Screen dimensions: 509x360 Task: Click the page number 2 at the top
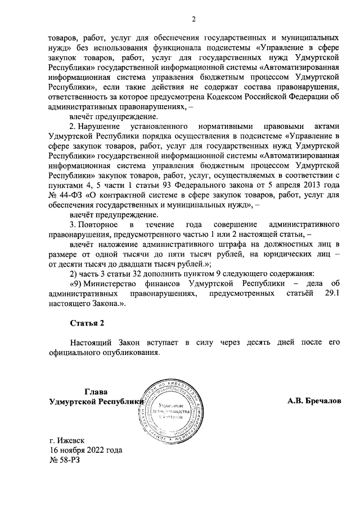pyautogui.click(x=192, y=21)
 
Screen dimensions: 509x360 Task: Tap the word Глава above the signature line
pyautogui.click(x=95, y=392)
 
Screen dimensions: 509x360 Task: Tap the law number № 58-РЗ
pyautogui.click(x=66, y=460)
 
